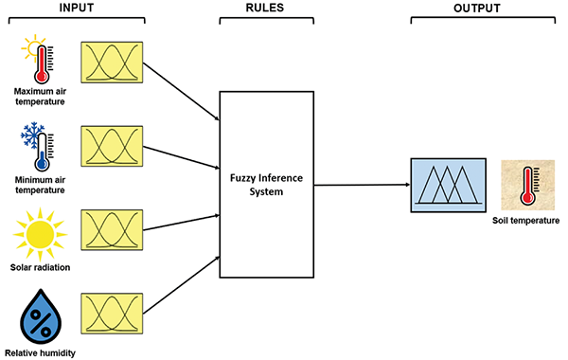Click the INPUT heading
coord(77,8)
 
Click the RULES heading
coord(265,8)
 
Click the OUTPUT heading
coord(477,8)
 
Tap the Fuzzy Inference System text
coord(266,185)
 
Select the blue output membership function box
coord(448,185)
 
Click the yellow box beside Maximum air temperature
coord(112,63)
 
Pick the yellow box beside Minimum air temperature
coord(112,146)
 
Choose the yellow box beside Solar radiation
coord(112,230)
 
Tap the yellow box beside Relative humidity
coord(112,314)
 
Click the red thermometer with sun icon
coord(38,59)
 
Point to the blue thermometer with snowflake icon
coord(38,147)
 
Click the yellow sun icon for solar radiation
coord(40,234)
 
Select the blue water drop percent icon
coord(41,316)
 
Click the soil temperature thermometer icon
coord(528,186)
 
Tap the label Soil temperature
coord(525,221)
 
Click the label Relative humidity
coord(40,352)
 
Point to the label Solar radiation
coord(40,267)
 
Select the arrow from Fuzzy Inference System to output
coord(362,185)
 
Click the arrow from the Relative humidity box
coord(182,285)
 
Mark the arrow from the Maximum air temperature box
coord(182,91)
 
